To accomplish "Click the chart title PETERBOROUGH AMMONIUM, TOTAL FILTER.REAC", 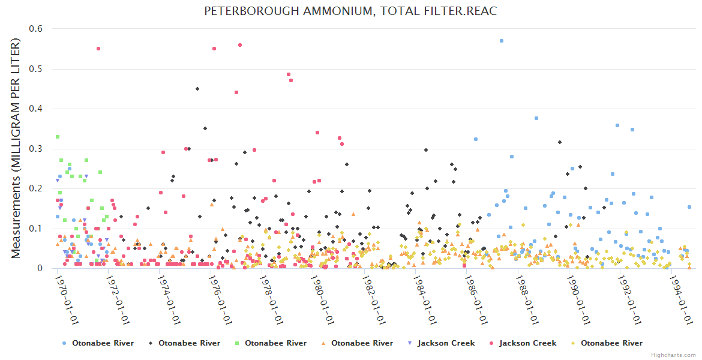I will [x=350, y=11].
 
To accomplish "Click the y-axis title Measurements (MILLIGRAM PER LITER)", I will [x=16, y=148].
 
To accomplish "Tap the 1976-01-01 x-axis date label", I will [x=219, y=300].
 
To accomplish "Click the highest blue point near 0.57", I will [x=502, y=41].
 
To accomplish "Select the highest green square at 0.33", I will [x=58, y=137].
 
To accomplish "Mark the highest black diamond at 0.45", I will [x=197, y=89].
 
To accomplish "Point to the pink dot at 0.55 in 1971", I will [x=98, y=49].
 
